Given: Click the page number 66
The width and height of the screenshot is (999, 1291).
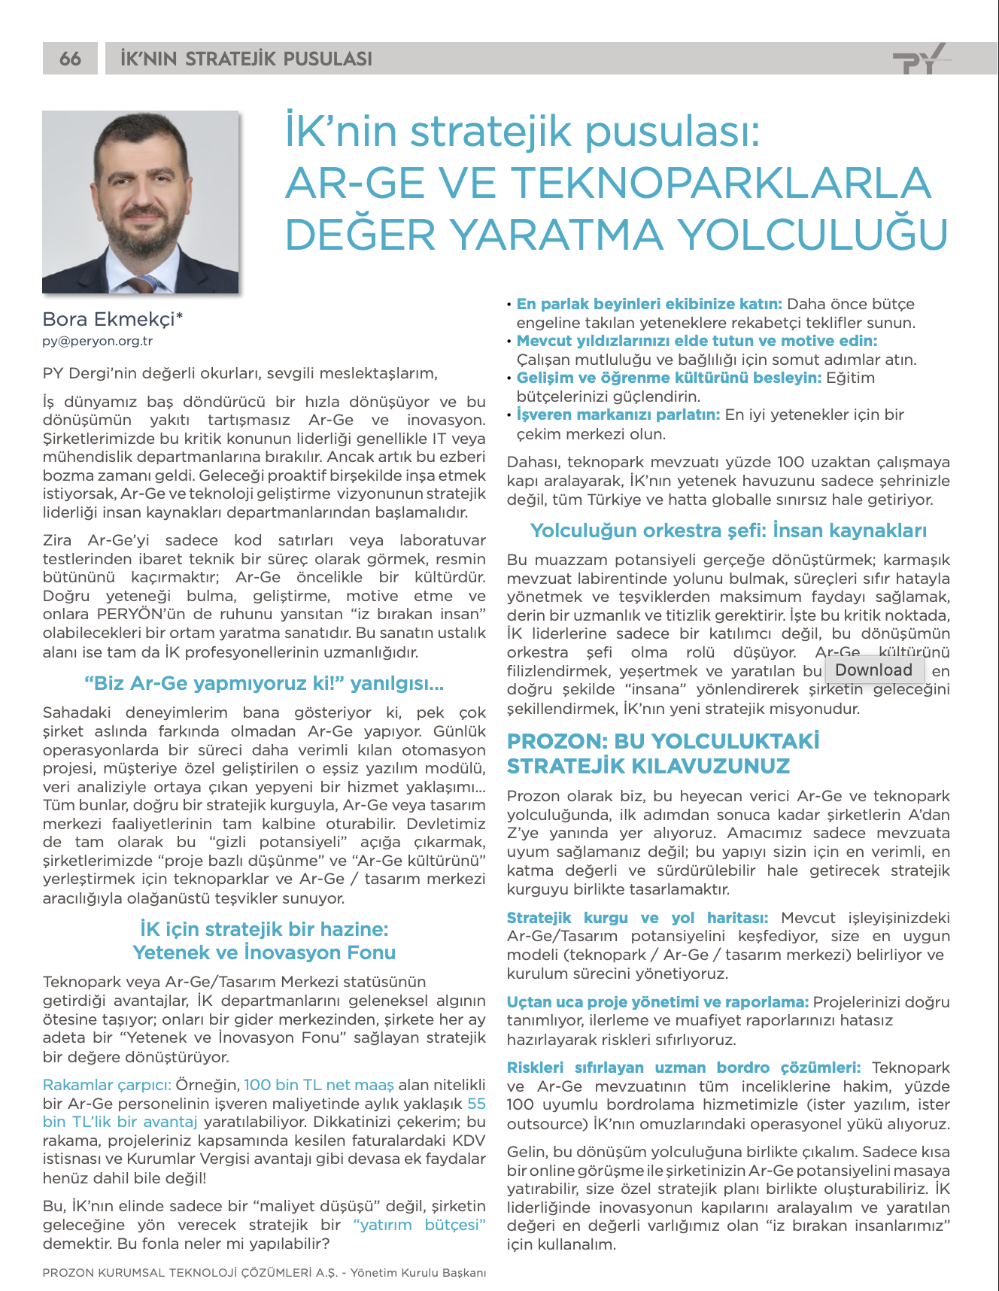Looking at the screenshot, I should pos(70,59).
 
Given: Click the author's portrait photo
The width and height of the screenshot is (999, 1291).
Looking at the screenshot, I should pos(141,202).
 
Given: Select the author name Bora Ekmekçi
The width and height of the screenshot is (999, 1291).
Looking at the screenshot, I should pos(113,319).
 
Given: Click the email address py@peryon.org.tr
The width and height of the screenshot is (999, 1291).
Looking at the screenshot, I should pos(98,341).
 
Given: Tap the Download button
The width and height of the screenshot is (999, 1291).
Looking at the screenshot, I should pos(873,670).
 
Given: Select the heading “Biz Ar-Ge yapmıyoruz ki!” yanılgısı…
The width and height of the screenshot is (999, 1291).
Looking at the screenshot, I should pos(264,684).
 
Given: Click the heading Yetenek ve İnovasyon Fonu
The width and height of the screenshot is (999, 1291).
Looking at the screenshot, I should pos(264,952).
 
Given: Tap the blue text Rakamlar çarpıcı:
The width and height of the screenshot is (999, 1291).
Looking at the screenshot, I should pos(107,1085).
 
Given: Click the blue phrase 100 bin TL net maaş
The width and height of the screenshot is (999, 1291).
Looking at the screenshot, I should pos(319,1085).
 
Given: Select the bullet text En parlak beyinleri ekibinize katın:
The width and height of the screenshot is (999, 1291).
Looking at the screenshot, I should pos(649,304).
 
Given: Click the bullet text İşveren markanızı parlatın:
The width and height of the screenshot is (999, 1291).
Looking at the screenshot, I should pos(618,415).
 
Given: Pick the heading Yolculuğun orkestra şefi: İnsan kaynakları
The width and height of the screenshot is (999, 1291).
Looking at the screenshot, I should pos(728,530).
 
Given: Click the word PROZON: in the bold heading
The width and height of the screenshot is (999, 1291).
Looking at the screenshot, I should pos(557,741).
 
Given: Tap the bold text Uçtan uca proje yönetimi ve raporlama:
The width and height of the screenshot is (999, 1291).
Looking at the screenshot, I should pos(657,1002).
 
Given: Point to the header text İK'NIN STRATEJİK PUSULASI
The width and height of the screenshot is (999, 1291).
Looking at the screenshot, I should pos(246,59).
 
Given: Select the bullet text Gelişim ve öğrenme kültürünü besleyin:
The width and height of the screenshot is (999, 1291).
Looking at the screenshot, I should pos(669,378).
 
